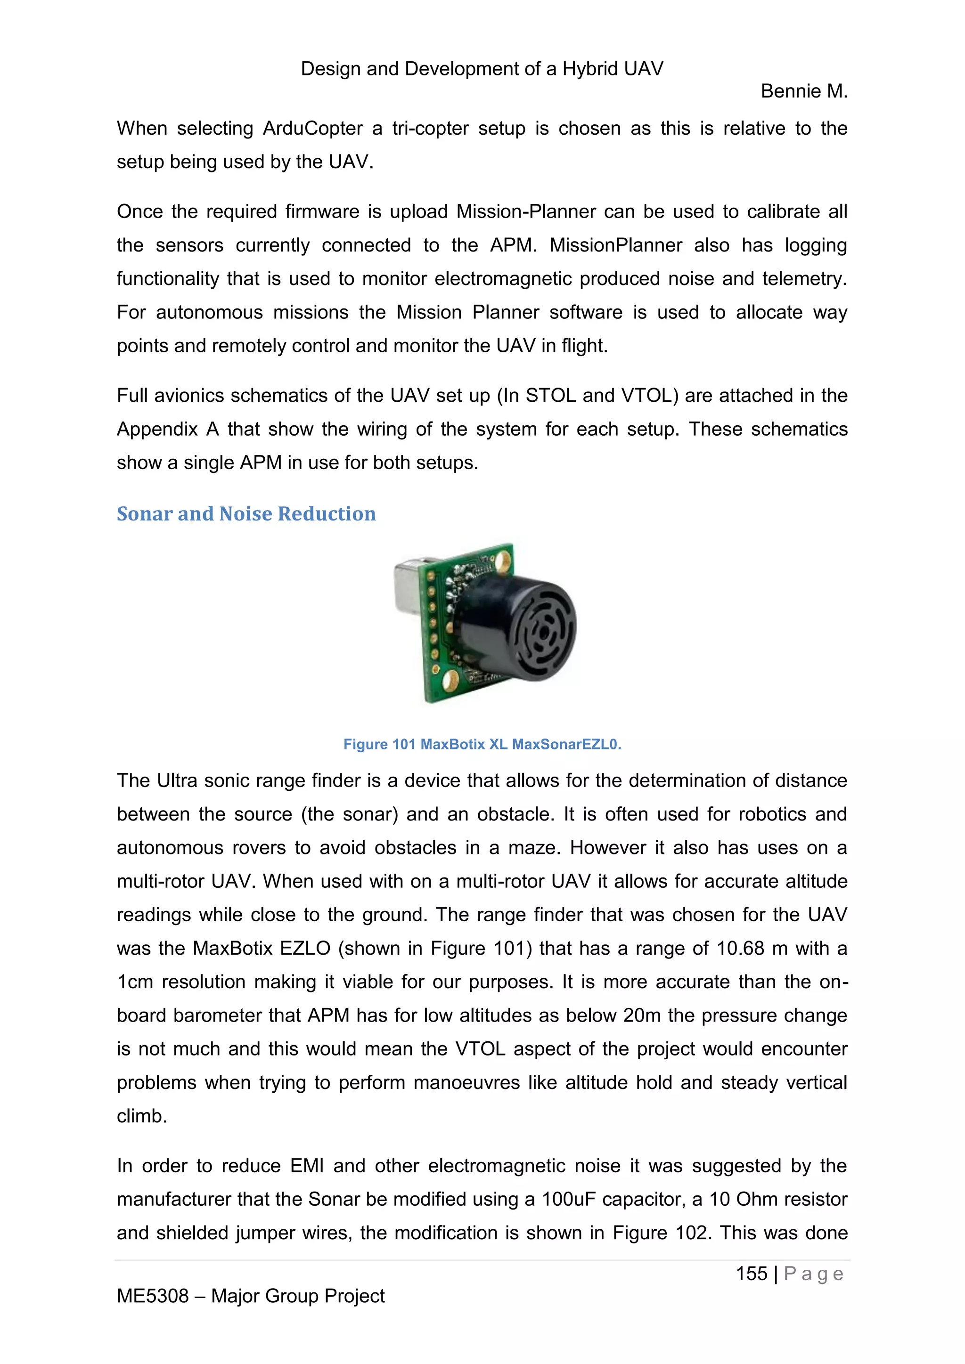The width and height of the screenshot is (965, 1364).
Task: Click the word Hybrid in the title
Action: pyautogui.click(x=589, y=69)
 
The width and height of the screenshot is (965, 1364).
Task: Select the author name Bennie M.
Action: pyautogui.click(x=803, y=91)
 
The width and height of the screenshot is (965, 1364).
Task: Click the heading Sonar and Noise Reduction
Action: pyautogui.click(x=246, y=514)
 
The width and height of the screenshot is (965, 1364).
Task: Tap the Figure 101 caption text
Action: pyautogui.click(x=482, y=744)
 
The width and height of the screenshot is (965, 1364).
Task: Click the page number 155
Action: pyautogui.click(x=751, y=1274)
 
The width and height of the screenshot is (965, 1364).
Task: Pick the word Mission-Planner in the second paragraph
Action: pyautogui.click(x=526, y=212)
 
